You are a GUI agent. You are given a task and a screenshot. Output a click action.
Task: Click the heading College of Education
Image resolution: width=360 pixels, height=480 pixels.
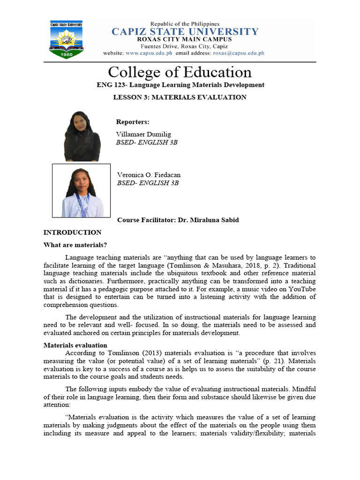[x=180, y=72]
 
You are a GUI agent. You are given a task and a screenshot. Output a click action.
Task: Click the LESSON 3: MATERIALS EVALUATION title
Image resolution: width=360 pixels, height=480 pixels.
[x=180, y=97]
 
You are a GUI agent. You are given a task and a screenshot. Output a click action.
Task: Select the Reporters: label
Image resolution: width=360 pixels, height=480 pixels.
[x=133, y=122]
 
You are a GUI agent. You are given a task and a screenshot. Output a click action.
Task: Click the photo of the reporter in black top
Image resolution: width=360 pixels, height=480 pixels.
[x=82, y=136]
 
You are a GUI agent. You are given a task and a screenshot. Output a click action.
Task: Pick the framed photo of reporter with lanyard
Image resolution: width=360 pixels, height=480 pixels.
[x=81, y=190]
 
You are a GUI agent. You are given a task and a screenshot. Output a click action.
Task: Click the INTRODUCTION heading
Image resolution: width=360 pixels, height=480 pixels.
[x=72, y=232]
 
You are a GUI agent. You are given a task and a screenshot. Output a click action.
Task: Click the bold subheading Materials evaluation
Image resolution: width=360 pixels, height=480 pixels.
[x=75, y=345]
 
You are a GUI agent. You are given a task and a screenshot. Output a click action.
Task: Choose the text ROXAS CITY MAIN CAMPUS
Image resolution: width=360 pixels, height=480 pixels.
[x=184, y=40]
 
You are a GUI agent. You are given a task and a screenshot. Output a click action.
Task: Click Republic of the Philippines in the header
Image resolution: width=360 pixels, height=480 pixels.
[x=184, y=23]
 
